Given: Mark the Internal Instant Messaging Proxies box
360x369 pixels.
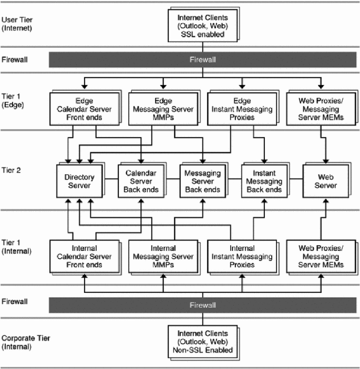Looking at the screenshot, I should point(241,256).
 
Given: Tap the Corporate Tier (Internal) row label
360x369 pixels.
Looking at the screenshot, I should point(24,342).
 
